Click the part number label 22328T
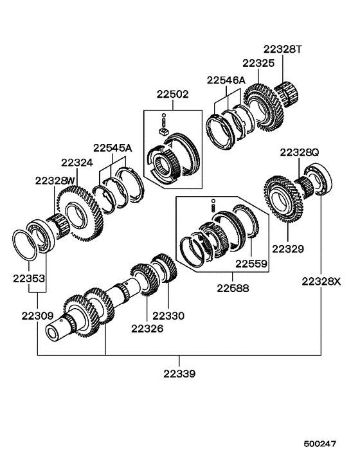tap(282, 50)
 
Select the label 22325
tap(258, 63)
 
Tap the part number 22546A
tap(226, 80)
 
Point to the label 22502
tap(172, 94)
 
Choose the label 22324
tap(78, 163)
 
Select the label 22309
tap(37, 316)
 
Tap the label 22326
tap(148, 328)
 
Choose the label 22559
tap(251, 264)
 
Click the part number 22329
tap(287, 248)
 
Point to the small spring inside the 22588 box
tap(213, 205)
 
